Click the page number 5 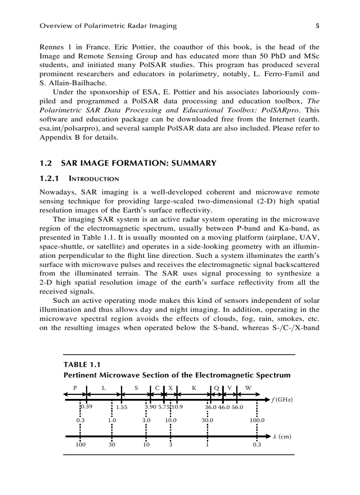tap(317, 26)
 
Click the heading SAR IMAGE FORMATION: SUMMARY tap(139, 164)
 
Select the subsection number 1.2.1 tap(50, 179)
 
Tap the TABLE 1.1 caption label tap(82, 365)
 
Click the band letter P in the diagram tap(75, 388)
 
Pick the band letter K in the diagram tap(194, 388)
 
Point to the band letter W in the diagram tap(248, 388)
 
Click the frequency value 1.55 tap(122, 408)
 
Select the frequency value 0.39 tap(86, 407)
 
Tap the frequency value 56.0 tap(236, 408)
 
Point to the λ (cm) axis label tap(282, 437)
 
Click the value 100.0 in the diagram tap(257, 421)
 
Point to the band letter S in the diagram tap(136, 388)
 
